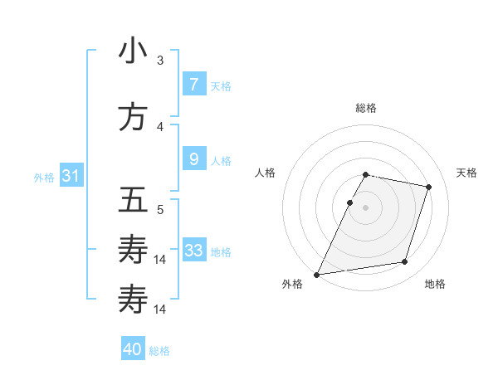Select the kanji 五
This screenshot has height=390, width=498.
(x=133, y=201)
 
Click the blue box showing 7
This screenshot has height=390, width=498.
(x=193, y=84)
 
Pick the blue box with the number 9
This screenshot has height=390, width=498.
(x=193, y=159)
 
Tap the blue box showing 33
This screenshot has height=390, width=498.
(x=193, y=251)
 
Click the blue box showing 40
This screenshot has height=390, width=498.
(x=133, y=349)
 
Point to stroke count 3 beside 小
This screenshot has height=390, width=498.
(x=160, y=60)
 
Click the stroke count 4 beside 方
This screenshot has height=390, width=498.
(x=160, y=126)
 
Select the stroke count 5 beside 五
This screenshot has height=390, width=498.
(x=160, y=209)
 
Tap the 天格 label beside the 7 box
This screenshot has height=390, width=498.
(x=221, y=85)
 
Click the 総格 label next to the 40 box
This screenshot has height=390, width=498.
(x=159, y=351)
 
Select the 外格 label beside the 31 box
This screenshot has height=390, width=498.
(x=44, y=178)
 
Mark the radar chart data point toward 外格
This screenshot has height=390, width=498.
(x=317, y=274)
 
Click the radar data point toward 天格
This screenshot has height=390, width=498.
(x=428, y=187)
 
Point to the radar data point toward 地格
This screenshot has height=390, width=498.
(x=405, y=262)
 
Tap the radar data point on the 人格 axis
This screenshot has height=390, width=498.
(x=349, y=202)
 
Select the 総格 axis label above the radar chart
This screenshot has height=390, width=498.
(x=366, y=108)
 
